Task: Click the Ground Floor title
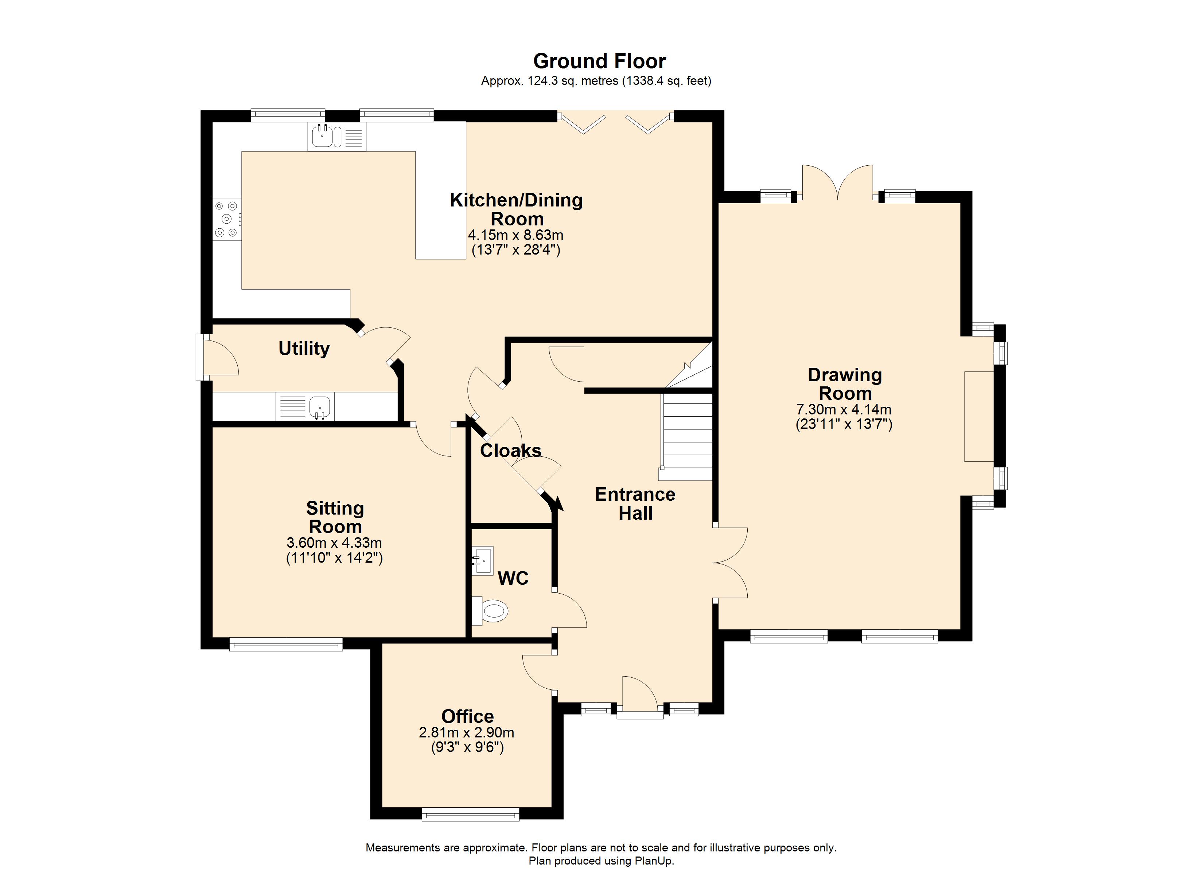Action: (x=599, y=62)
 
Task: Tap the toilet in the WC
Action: (x=490, y=611)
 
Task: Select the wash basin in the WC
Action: (x=482, y=560)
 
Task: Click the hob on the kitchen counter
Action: (x=227, y=220)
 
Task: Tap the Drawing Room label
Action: (x=845, y=384)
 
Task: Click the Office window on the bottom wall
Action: (x=471, y=814)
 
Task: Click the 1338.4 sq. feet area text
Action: (x=667, y=81)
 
